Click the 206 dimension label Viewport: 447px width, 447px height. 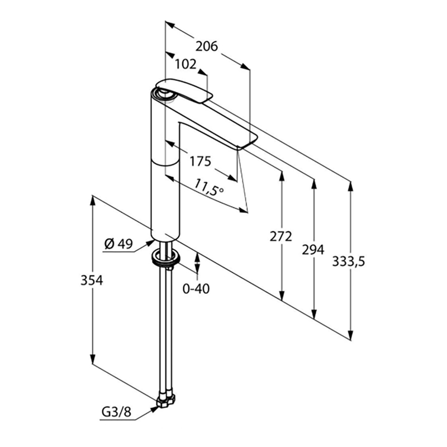click(206, 46)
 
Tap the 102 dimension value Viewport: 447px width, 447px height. click(186, 64)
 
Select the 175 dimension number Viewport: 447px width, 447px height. click(201, 161)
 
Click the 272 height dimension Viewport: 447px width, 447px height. click(281, 236)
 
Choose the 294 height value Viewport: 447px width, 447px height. click(313, 250)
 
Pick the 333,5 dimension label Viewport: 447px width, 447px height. click(348, 261)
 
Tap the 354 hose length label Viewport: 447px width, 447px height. click(92, 280)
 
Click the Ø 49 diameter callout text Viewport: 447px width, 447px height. click(118, 244)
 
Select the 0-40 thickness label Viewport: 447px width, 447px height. click(196, 289)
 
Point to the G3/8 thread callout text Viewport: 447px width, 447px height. click(116, 412)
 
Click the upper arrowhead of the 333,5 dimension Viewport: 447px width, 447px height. click(351, 187)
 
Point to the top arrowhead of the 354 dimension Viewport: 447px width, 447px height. click(92, 201)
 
